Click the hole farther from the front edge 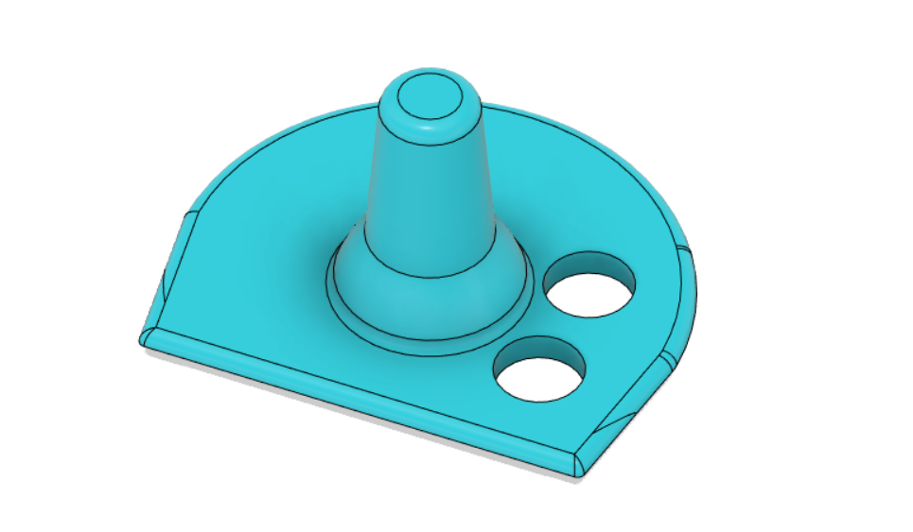[588, 284]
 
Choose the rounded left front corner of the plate [148, 335]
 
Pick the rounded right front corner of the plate [579, 463]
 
